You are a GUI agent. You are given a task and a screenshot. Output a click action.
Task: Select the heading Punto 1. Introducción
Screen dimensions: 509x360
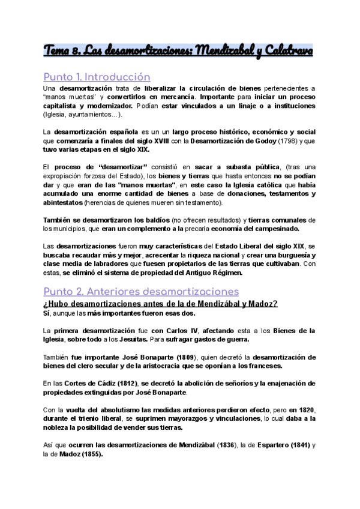click(97, 77)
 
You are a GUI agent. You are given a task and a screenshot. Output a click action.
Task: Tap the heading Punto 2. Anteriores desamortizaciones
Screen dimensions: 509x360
click(141, 291)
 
